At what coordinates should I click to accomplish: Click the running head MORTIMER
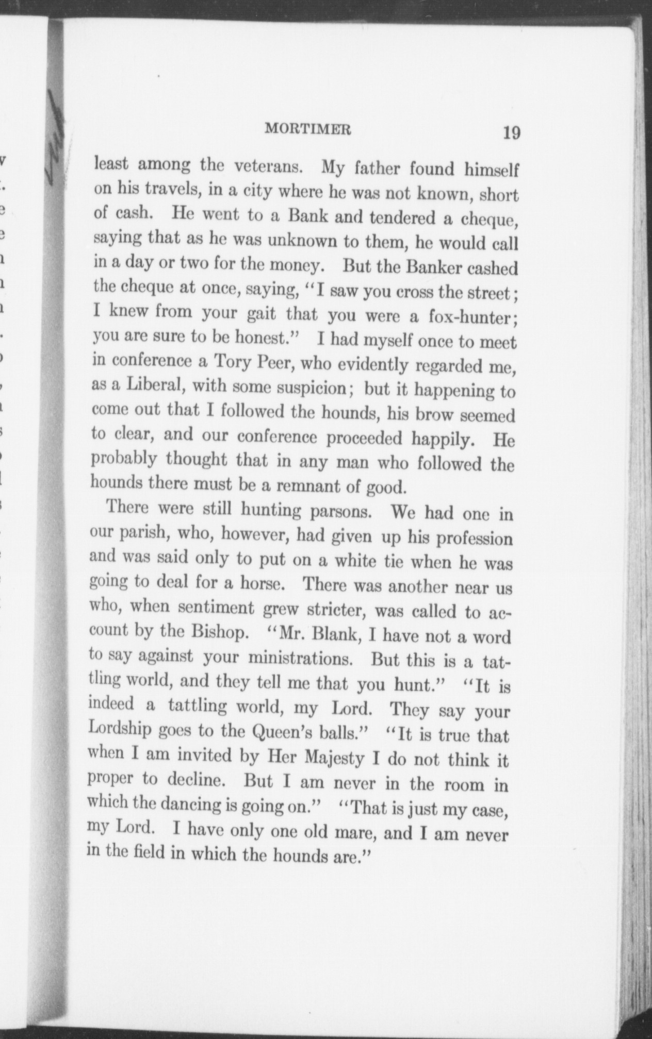coord(308,129)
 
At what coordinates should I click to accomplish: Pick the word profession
coord(475,539)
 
